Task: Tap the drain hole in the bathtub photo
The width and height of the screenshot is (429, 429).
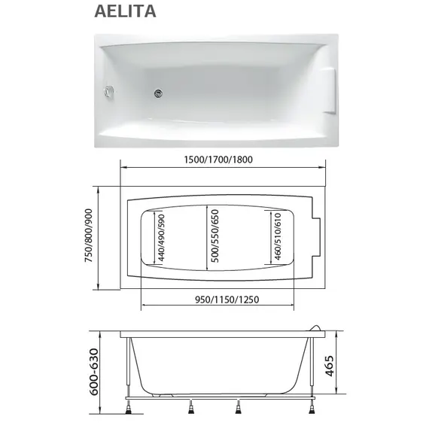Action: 160,94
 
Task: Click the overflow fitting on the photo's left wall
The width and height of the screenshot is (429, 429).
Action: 108,92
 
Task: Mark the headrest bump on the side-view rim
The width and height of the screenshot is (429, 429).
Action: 316,329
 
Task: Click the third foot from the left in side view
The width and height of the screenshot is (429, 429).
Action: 239,409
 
